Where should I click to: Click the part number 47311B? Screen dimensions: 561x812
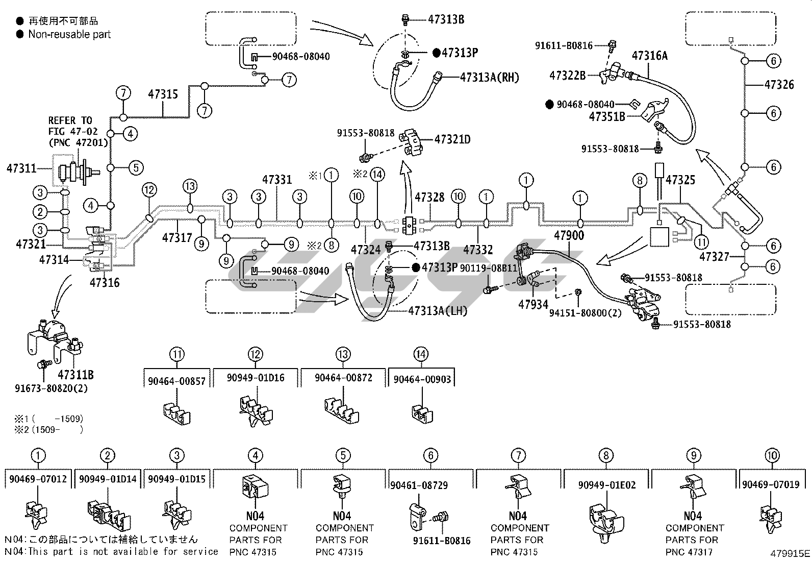pos(75,375)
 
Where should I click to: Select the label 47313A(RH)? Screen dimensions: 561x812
pos(489,77)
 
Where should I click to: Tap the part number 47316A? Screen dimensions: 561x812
pos(649,56)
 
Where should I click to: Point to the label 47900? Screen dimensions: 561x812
pos(569,236)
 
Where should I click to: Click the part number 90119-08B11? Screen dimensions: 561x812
pos(488,268)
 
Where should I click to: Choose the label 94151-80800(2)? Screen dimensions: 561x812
pos(585,312)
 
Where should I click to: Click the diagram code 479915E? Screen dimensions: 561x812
pos(790,553)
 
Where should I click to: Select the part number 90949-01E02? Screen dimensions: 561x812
pos(606,485)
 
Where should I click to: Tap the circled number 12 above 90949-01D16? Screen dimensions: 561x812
pos(256,354)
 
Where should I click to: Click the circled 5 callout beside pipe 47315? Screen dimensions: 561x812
pos(135,167)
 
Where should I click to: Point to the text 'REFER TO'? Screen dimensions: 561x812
pos(70,120)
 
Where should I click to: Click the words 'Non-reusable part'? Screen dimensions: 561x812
pos(69,35)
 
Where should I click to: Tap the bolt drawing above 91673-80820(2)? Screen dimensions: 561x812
pos(42,364)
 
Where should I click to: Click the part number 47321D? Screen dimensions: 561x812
pos(452,138)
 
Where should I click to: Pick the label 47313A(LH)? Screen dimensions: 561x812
pos(438,311)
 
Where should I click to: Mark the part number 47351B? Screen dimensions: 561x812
pos(607,116)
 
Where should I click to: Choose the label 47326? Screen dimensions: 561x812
pos(779,84)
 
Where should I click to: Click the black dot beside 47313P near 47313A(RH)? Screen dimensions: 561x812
pos(436,53)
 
